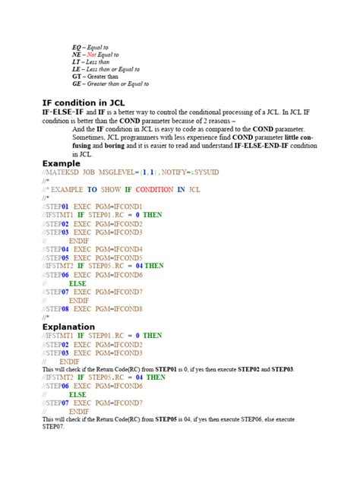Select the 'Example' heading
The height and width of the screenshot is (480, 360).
tap(61, 163)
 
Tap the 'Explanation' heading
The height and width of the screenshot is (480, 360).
tap(69, 327)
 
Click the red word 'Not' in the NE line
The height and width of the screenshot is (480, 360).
tap(92, 56)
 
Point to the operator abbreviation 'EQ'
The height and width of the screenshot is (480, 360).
tap(77, 47)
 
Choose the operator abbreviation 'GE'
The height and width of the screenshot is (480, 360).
tap(77, 84)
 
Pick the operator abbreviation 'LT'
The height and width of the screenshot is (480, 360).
tap(76, 65)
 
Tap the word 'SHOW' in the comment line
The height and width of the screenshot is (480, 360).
tap(111, 189)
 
